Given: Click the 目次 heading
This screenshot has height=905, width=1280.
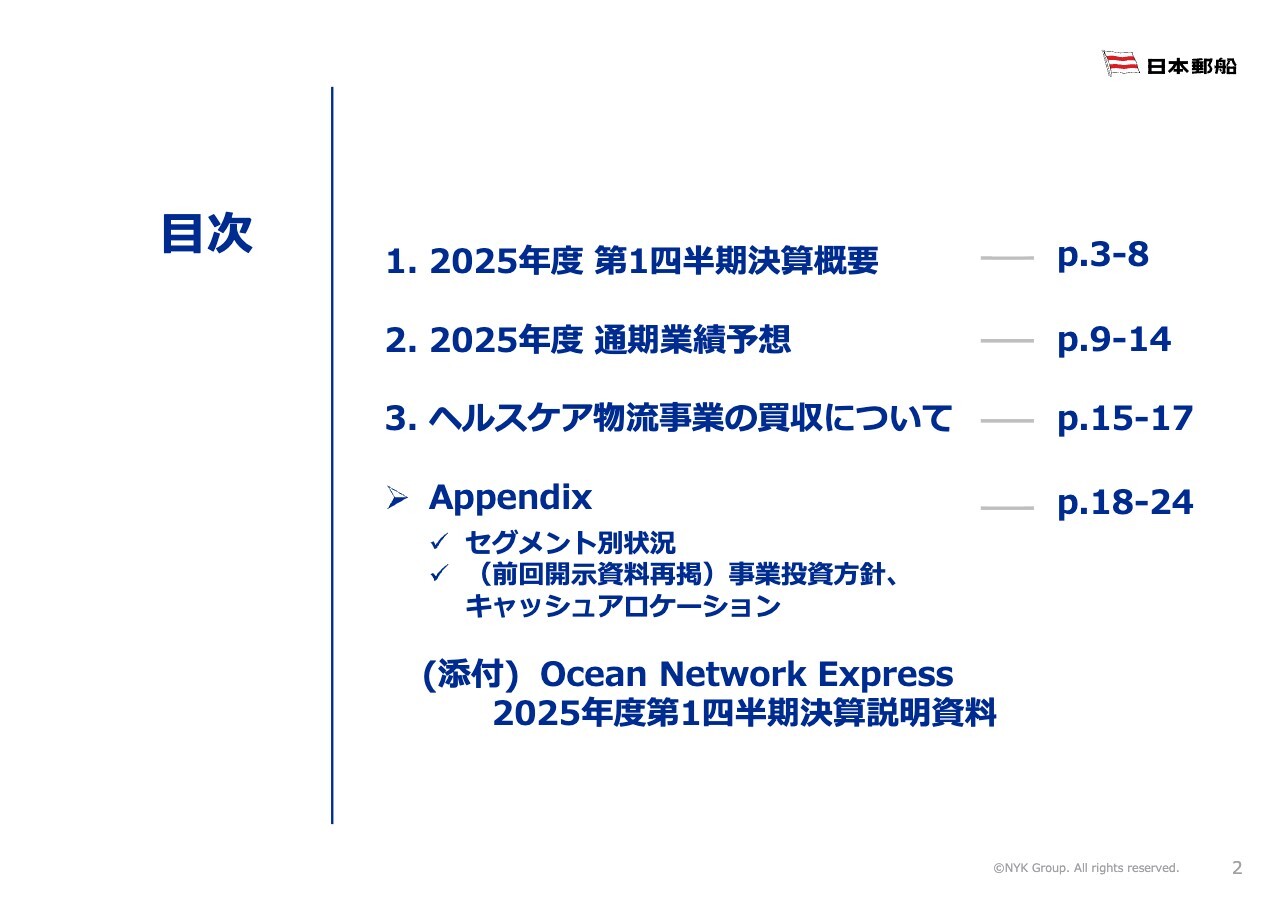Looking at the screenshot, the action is [x=207, y=233].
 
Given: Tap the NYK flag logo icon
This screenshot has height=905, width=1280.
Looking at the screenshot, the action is [x=1121, y=63].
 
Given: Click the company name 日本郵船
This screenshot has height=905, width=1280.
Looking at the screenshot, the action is [x=1192, y=66].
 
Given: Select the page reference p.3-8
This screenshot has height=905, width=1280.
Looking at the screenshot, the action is [x=1103, y=255].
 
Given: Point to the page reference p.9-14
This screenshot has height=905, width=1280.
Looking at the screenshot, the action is [x=1114, y=341].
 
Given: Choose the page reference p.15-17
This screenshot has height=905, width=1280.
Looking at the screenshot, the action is [x=1125, y=419].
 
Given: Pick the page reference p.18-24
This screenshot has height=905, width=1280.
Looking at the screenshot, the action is [x=1125, y=503].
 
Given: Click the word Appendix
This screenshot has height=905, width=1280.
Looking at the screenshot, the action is [x=510, y=498].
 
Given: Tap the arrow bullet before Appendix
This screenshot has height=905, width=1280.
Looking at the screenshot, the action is [x=397, y=498].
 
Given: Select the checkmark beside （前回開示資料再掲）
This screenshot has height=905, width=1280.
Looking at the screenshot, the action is [x=439, y=572].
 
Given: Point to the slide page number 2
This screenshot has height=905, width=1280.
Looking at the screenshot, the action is [x=1237, y=868].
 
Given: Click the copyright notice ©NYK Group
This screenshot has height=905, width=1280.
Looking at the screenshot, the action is [x=1086, y=868].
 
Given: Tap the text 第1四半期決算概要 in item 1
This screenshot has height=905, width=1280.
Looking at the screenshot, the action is [x=736, y=261].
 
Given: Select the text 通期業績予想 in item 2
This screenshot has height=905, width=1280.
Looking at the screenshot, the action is [x=693, y=340].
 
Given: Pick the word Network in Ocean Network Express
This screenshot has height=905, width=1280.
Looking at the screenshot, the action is [x=733, y=674].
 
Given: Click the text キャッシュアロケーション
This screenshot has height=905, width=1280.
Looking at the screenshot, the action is [x=623, y=606].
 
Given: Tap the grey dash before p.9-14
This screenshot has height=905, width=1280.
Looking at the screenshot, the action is [x=1007, y=341].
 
